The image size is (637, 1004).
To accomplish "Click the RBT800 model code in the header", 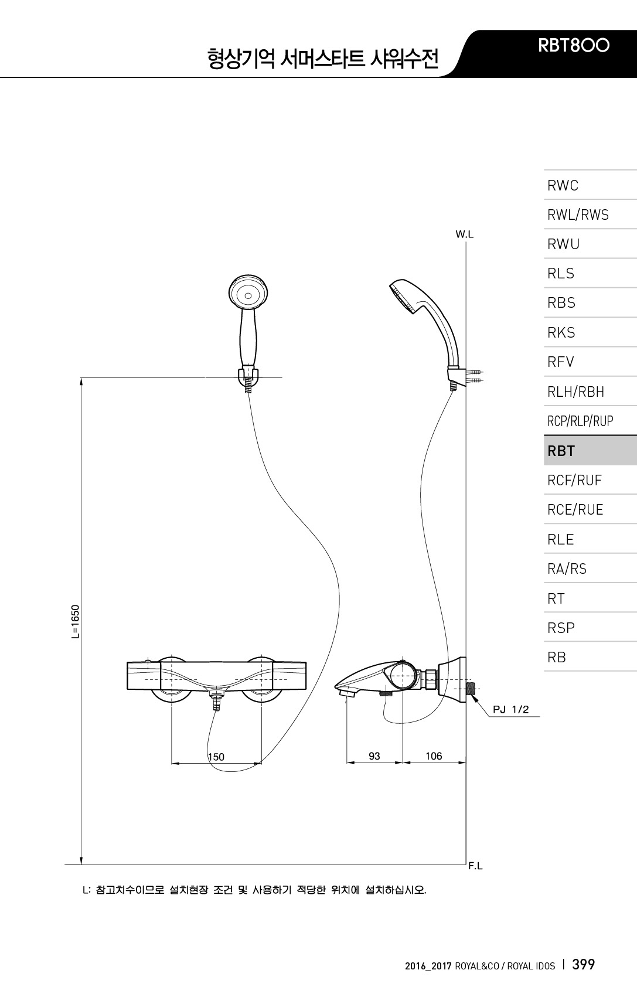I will coord(574,45).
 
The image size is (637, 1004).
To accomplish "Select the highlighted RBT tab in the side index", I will coord(561,451).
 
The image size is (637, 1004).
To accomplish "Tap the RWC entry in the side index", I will coord(563,186).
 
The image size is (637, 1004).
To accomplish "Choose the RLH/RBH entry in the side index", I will coord(575,392).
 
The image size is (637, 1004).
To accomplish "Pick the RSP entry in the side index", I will coord(561,628).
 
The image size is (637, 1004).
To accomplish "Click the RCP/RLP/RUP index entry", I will coord(580,421).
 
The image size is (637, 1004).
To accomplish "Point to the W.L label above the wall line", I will coord(465,234).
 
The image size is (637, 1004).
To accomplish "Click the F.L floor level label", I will coord(475,866).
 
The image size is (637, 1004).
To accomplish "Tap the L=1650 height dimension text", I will coord(74,622).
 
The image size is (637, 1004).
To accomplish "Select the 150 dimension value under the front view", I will coord(216,757).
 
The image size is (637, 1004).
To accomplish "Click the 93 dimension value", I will coord(374,756).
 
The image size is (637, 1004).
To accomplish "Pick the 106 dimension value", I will coord(434,756).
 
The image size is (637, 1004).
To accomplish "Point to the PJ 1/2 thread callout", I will coord(510,710).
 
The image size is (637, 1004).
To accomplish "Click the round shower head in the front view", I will coord(248,294).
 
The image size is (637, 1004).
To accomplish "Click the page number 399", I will coord(583,964).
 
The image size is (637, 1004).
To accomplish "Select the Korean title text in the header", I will coord(322,59).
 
